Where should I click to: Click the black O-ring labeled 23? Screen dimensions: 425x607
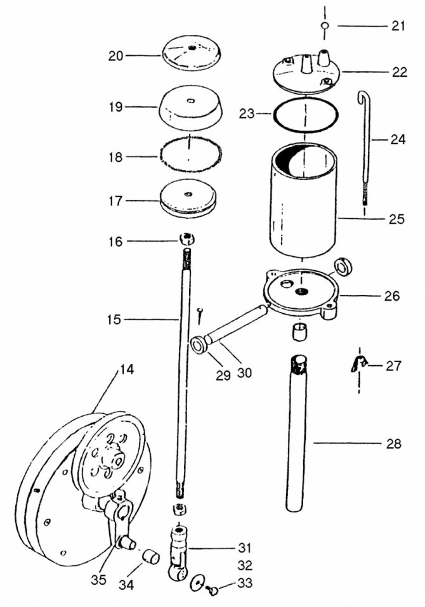tap(305, 114)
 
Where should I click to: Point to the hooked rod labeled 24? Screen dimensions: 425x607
tap(364, 148)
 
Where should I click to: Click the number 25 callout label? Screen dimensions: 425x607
tap(396, 219)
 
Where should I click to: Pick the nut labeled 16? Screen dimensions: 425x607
tap(187, 238)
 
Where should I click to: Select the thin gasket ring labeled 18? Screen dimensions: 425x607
tap(190, 157)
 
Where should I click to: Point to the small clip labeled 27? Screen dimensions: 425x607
tap(359, 364)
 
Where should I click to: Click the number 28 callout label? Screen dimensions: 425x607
tap(394, 443)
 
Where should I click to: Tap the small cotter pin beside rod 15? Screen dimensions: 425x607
tap(200, 315)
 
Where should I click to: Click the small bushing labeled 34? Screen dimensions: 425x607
tap(152, 557)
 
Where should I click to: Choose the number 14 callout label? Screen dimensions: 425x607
tap(126, 369)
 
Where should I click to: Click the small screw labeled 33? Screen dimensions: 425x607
tap(212, 590)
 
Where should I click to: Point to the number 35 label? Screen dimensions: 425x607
tap(99, 579)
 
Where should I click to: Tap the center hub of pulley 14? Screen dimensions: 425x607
tap(117, 460)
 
